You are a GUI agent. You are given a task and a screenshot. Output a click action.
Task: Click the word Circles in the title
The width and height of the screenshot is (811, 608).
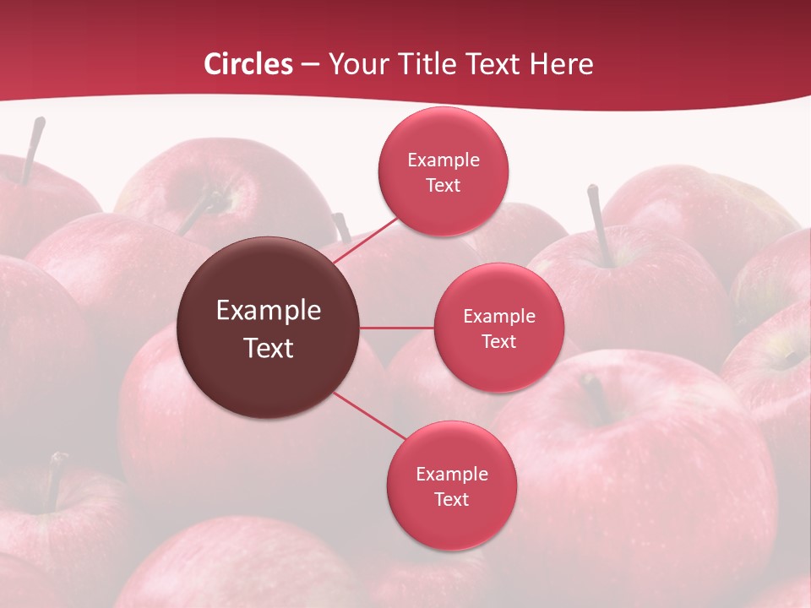coord(248,64)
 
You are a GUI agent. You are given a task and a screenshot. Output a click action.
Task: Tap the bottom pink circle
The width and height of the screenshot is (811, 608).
coord(451,524)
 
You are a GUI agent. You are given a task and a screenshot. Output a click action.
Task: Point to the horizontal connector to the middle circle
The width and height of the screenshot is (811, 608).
coord(397,328)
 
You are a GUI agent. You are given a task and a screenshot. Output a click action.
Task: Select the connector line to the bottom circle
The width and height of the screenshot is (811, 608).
coord(369,416)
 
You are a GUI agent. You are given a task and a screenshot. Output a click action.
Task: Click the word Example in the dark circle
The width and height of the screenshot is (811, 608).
coord(269,311)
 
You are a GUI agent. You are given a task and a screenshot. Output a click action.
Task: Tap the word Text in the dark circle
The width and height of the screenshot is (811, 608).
coord(269,348)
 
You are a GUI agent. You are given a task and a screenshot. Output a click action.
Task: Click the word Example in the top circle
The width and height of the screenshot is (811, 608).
coord(443,160)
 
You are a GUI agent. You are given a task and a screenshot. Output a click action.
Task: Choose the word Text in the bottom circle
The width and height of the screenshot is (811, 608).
coord(451,499)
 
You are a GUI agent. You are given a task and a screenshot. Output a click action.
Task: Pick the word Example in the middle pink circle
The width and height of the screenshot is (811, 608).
coord(499,317)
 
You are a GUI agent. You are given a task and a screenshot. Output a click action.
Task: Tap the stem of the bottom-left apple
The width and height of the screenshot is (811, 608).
coord(54,481)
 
